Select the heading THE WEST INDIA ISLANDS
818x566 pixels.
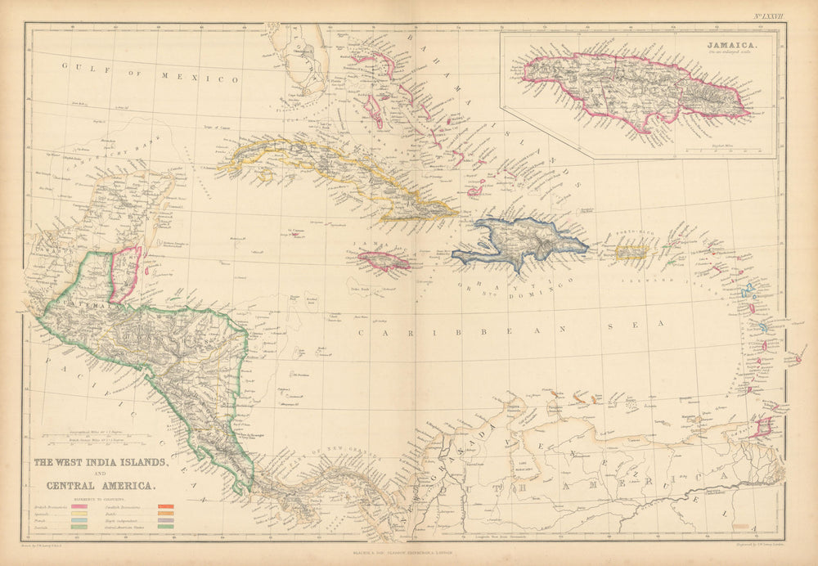point(101,463)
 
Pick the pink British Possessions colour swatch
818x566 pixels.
point(79,508)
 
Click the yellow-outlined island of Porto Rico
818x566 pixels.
point(631,252)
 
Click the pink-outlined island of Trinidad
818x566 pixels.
point(762,426)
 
